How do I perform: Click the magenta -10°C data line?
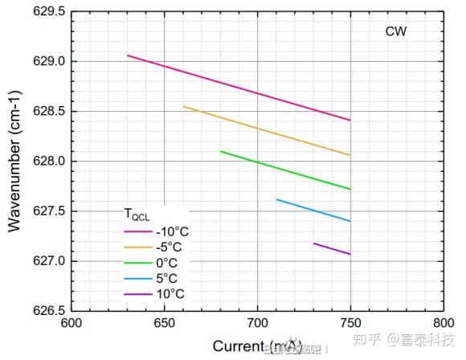[x=239, y=88]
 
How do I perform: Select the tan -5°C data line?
[x=267, y=130]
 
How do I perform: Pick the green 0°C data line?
[x=285, y=170]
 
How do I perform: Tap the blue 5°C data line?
[x=313, y=210]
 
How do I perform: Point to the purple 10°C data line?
[x=332, y=248]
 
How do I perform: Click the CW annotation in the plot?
[x=396, y=32]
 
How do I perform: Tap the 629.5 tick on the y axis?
[x=48, y=12]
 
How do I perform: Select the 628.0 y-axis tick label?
[x=48, y=162]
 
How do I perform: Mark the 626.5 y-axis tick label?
[x=48, y=311]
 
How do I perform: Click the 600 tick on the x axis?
[x=72, y=326]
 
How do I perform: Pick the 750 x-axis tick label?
[x=350, y=326]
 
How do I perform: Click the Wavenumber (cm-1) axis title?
[x=14, y=161]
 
